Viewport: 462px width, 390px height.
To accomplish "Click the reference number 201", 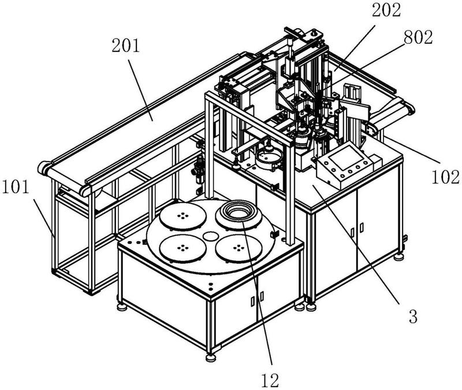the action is (x=125, y=46).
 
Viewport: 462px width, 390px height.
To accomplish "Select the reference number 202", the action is (x=386, y=10).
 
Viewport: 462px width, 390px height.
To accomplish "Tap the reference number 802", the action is (x=418, y=37).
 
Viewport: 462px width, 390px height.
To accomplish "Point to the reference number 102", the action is (x=445, y=177).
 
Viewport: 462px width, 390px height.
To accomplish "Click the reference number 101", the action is (x=16, y=187).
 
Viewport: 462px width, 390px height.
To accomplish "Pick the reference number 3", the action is (x=413, y=317).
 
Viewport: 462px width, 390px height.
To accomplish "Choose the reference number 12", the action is (x=270, y=380).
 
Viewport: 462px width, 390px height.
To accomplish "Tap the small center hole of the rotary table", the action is (x=210, y=235).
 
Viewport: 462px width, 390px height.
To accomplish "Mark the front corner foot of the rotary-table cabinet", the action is (x=210, y=357).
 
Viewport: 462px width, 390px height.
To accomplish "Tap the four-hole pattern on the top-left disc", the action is (x=182, y=215).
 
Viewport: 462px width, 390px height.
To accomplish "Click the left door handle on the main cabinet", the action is (x=353, y=232).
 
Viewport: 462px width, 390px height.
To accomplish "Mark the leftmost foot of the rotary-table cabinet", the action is (x=121, y=307).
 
